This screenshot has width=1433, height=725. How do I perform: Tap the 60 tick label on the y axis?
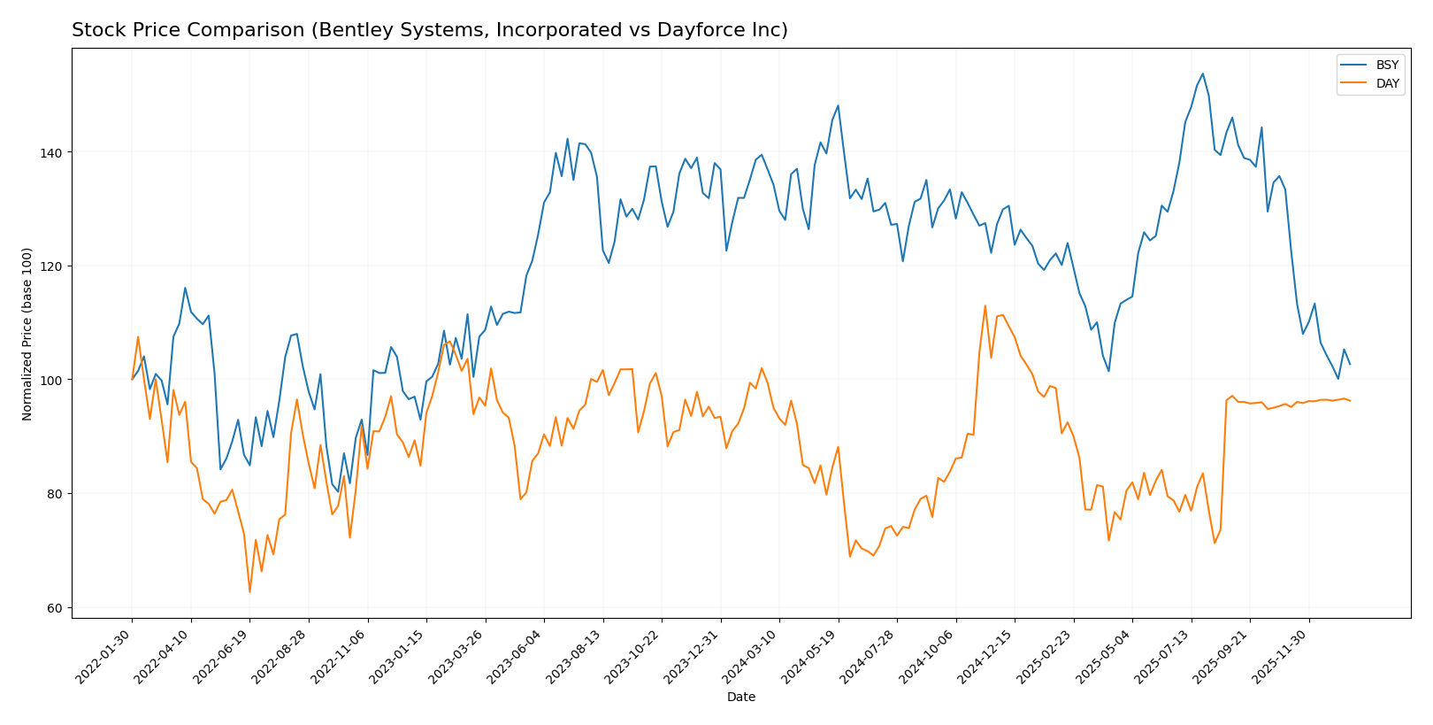click(x=55, y=608)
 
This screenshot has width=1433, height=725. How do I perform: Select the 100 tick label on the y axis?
click(x=51, y=381)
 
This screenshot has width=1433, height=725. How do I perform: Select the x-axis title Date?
click(x=741, y=698)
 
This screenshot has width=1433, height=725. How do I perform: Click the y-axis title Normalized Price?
click(x=27, y=334)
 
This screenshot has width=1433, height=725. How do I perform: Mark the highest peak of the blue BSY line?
click(x=1202, y=73)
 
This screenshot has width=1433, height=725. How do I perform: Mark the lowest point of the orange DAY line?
click(x=249, y=592)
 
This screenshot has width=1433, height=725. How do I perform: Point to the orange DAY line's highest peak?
click(x=985, y=306)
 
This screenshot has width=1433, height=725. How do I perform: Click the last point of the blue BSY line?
click(x=1349, y=364)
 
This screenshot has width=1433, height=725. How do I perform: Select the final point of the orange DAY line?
click(x=1349, y=401)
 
